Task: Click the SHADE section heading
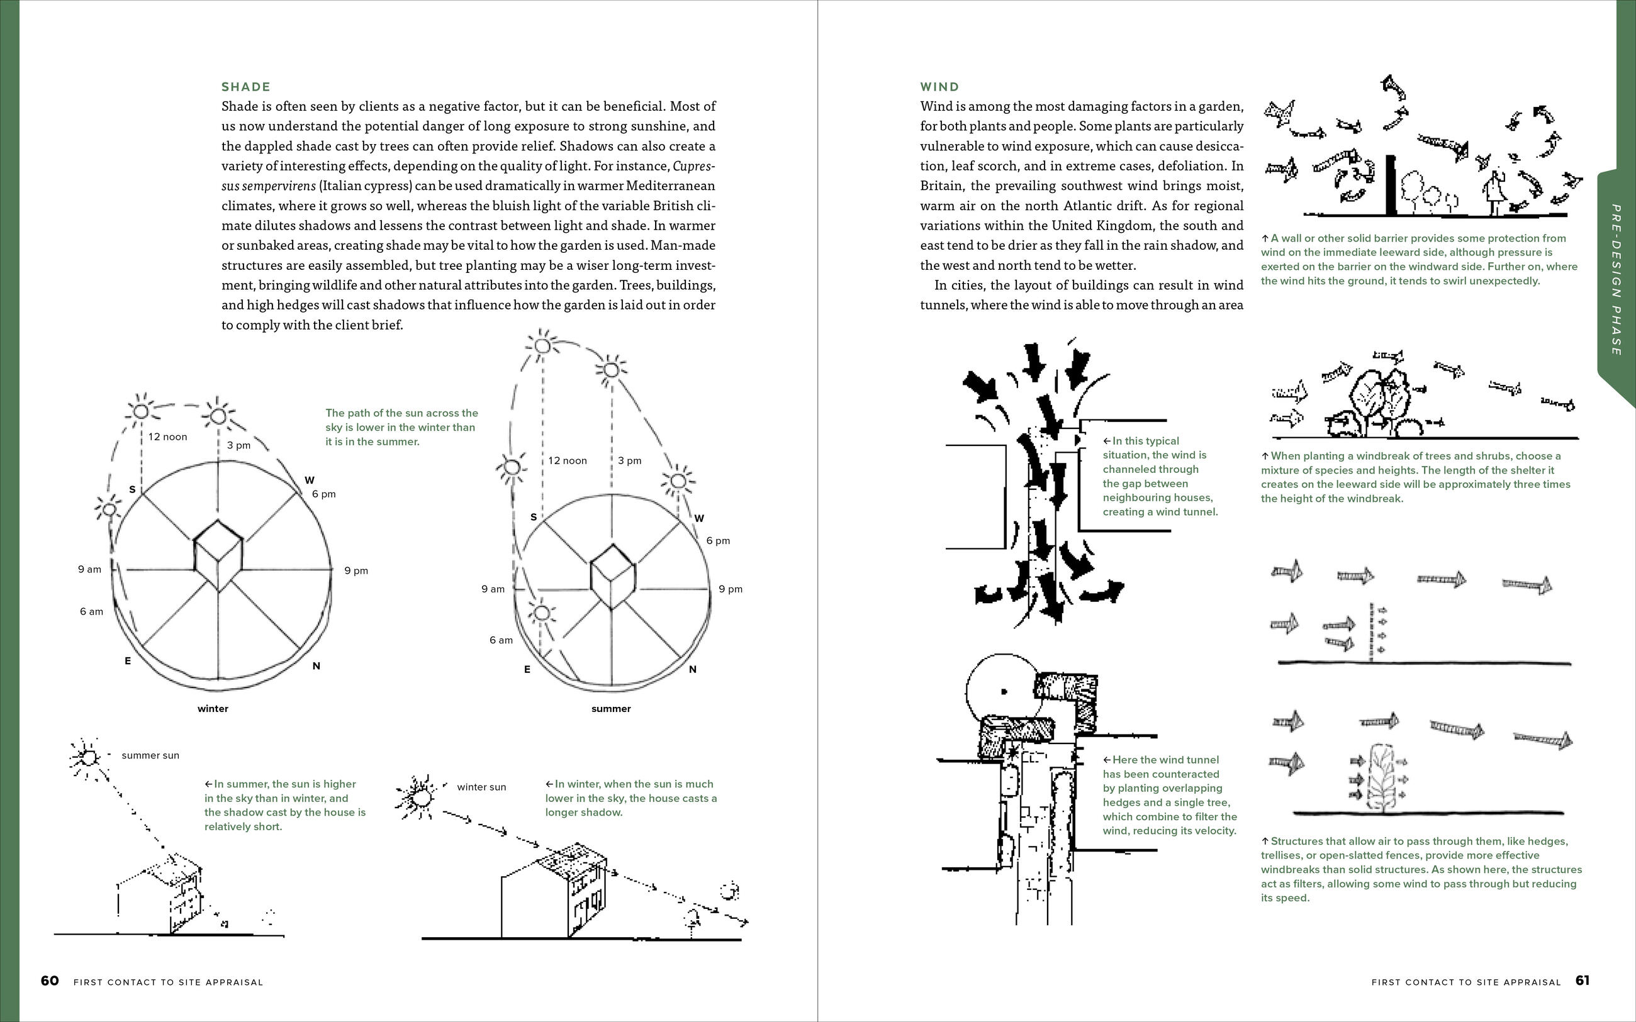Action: [246, 87]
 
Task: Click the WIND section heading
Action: [939, 87]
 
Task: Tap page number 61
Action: [1583, 980]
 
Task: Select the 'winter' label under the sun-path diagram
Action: [213, 709]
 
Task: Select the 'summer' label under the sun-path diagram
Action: [610, 709]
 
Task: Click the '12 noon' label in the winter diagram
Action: [167, 437]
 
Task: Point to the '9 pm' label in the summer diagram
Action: [730, 589]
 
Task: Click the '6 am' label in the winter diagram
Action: [91, 612]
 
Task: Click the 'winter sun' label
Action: [481, 787]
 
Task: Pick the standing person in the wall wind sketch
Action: [1492, 192]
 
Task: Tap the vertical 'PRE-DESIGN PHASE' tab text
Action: [1616, 280]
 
